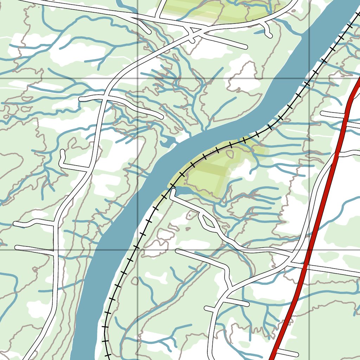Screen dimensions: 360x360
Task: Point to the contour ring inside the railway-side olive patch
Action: coord(230,154)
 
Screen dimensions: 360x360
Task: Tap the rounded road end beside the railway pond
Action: coord(173,191)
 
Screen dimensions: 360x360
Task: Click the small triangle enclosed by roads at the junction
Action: coord(192,35)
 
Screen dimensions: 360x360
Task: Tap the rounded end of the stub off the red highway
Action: coord(296,353)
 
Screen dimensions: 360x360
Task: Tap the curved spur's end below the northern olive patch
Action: coord(270,35)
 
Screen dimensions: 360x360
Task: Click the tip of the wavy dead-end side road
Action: coord(16,224)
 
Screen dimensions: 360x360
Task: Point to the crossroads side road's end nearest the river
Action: coord(160,116)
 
